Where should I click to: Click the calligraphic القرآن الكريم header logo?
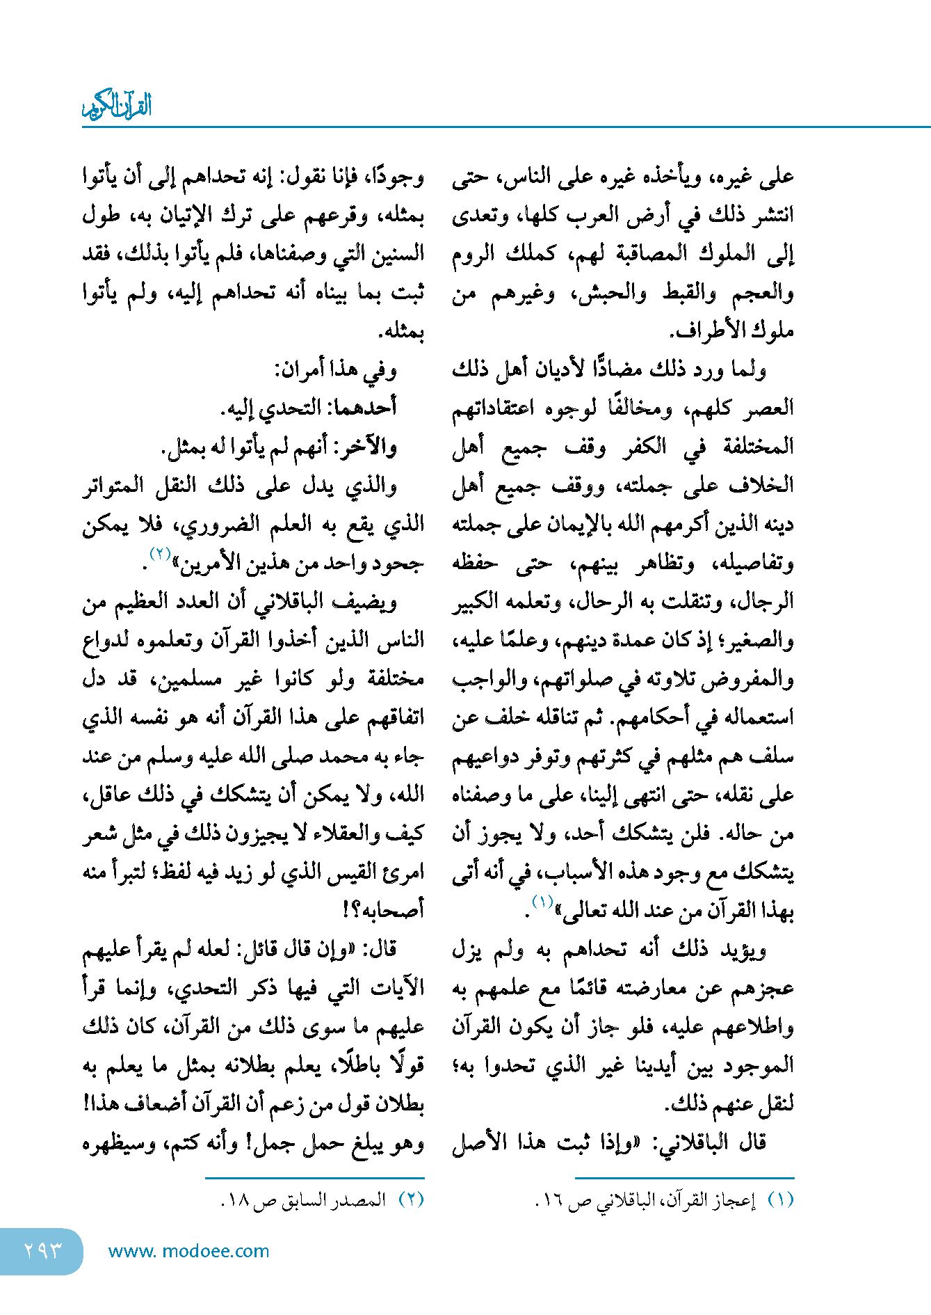coord(117,105)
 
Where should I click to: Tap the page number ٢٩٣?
coord(42,1251)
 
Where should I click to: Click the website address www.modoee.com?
coord(188,1251)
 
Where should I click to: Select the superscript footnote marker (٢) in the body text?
coord(161,554)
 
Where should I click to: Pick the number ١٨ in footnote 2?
coord(238,1202)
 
